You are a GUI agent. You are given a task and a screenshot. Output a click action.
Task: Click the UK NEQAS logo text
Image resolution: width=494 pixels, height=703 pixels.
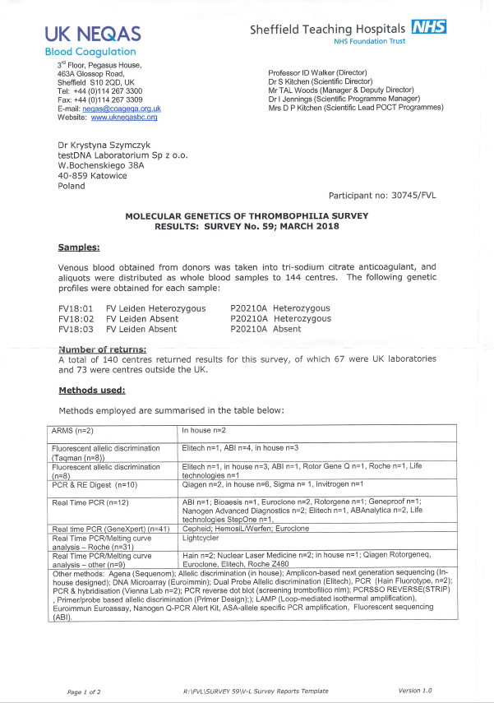(x=93, y=34)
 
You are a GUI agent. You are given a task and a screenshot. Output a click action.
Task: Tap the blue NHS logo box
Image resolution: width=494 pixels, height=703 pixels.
(x=429, y=28)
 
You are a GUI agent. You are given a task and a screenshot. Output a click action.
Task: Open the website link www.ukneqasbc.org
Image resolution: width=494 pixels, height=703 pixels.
(x=124, y=118)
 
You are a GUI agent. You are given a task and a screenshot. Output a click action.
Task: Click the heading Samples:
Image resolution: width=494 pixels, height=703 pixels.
(x=79, y=247)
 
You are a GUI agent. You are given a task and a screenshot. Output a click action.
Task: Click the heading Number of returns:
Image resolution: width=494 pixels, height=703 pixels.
(x=103, y=349)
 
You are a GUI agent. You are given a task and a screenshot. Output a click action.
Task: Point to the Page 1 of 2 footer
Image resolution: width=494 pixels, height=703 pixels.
(x=84, y=691)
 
